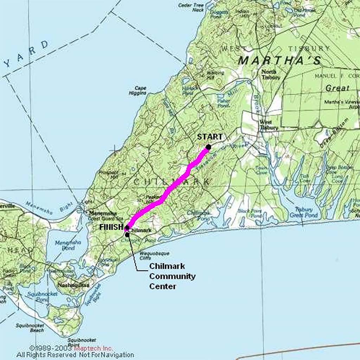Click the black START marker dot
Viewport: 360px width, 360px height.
(208, 147)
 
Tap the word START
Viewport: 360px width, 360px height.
(210, 137)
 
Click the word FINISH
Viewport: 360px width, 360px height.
(111, 227)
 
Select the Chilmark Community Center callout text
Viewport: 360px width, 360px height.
(172, 276)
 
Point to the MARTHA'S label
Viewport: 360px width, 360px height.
(280, 60)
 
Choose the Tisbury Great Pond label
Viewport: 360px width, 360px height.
(304, 212)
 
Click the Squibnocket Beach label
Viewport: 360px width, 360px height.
(30, 328)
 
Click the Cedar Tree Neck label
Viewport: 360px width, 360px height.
(191, 7)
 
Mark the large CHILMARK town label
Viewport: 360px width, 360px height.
(172, 182)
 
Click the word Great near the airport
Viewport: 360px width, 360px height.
(337, 88)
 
